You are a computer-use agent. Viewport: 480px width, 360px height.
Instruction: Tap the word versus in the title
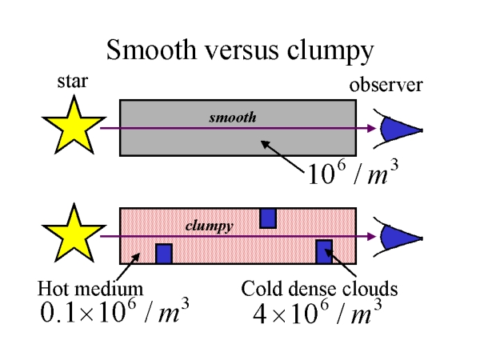pyautogui.click(x=244, y=52)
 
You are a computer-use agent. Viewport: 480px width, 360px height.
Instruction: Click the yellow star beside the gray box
pyautogui.click(x=69, y=126)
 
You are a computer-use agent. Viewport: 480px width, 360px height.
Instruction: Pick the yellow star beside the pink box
pyautogui.click(x=69, y=234)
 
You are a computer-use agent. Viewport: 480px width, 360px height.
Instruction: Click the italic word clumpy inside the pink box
pyautogui.click(x=209, y=226)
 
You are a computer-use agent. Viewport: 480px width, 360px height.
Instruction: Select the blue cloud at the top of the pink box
pyautogui.click(x=268, y=218)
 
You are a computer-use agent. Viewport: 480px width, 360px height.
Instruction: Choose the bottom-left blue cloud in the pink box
pyautogui.click(x=163, y=254)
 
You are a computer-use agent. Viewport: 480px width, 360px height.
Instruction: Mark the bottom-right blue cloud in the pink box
pyautogui.click(x=324, y=251)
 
